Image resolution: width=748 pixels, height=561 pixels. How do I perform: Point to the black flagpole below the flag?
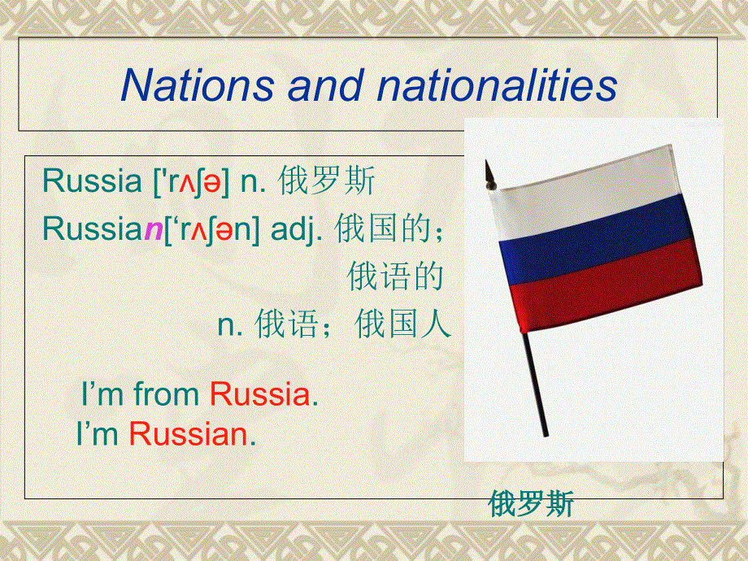click(x=537, y=382)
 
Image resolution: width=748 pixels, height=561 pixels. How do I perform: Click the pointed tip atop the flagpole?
click(x=488, y=169)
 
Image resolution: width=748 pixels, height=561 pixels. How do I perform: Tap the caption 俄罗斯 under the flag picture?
click(x=531, y=504)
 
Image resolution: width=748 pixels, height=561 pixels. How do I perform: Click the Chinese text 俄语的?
click(x=395, y=277)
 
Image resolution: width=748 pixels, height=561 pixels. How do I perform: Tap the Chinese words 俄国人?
click(x=403, y=325)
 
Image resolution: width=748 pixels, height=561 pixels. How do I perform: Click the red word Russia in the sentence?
click(x=260, y=395)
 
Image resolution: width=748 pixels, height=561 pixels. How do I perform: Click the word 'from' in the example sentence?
click(x=167, y=395)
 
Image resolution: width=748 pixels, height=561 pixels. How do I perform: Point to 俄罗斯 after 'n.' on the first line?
click(x=326, y=180)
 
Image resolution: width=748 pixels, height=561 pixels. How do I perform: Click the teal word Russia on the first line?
click(x=92, y=180)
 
